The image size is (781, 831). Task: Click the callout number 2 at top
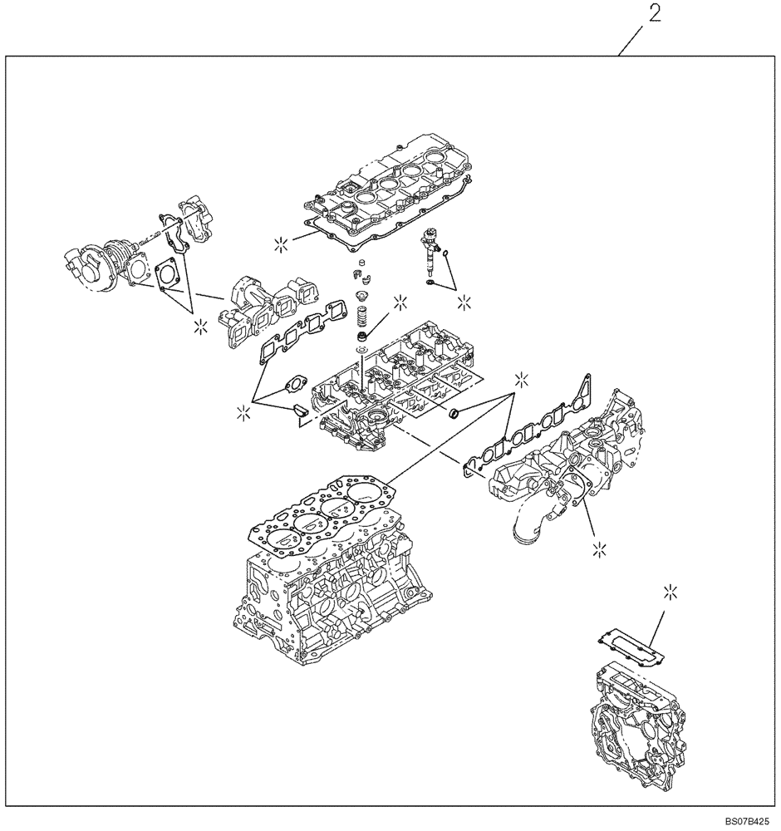tap(655, 16)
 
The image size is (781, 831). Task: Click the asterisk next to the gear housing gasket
tap(670, 592)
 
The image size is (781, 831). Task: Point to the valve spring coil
tap(362, 317)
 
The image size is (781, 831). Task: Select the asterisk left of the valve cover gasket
tap(282, 243)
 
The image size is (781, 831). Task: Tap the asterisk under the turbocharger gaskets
tap(198, 326)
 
